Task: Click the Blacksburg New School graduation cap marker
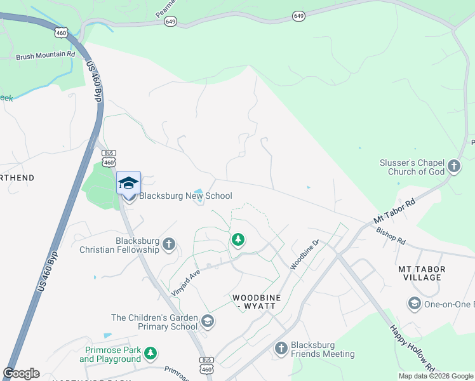[x=128, y=183]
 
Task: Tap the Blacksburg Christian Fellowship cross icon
[x=169, y=243]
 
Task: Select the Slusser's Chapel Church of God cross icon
[x=453, y=166]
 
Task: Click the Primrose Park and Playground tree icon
[x=150, y=352]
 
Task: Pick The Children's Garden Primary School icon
[x=207, y=322]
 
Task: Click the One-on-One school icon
[x=415, y=304]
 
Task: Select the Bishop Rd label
[x=390, y=237]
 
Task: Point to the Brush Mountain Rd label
[x=46, y=56]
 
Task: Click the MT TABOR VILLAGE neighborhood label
[x=422, y=273]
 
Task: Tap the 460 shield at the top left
[x=61, y=32]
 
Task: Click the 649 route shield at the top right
[x=298, y=15]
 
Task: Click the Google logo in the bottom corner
[x=21, y=373]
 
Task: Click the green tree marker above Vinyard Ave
[x=238, y=239]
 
